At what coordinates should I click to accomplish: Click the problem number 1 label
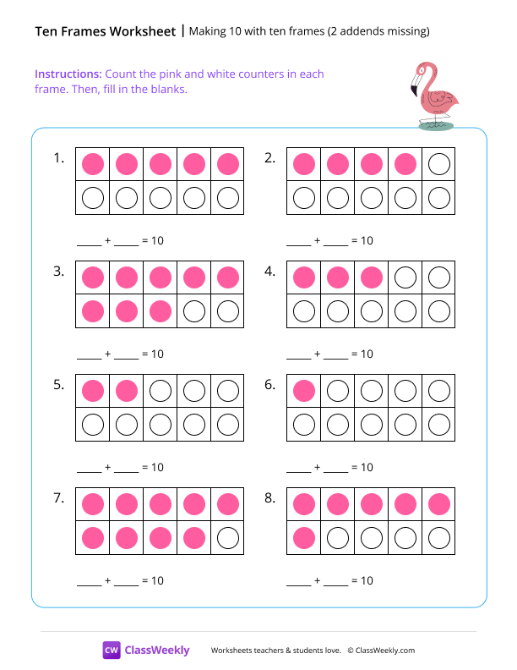(58, 158)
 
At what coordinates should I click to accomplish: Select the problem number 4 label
(270, 272)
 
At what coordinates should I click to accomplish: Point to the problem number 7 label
(58, 498)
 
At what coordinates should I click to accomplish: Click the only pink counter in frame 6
(303, 391)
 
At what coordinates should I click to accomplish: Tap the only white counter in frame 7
(227, 538)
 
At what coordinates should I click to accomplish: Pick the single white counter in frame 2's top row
(438, 164)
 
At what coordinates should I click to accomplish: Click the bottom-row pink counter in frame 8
(303, 538)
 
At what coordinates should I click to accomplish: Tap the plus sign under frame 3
(108, 354)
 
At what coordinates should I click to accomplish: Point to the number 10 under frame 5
(157, 468)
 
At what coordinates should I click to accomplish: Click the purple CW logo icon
(112, 650)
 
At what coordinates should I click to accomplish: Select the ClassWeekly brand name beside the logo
(157, 651)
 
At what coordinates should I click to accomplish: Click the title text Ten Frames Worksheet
(106, 32)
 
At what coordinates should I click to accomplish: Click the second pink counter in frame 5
(126, 391)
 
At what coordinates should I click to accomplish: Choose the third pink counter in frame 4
(371, 277)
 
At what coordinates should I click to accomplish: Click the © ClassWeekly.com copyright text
(381, 651)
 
